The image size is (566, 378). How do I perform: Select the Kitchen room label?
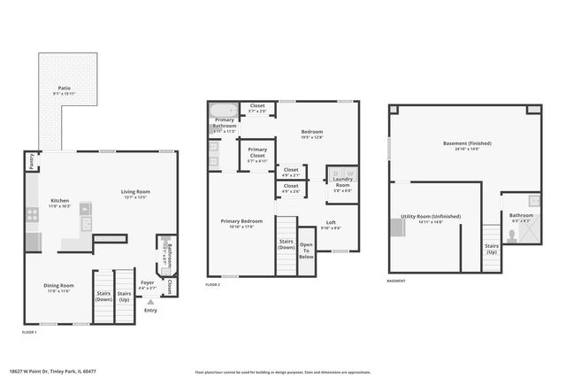[60, 201]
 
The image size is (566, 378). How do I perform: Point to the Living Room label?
[135, 191]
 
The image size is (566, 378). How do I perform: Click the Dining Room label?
[59, 285]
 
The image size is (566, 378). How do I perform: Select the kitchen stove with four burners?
[32, 213]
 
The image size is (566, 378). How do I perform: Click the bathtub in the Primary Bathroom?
[223, 112]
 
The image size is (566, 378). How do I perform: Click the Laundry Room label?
[342, 182]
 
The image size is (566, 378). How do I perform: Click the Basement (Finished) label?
[467, 143]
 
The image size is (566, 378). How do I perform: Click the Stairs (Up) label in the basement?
[492, 249]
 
